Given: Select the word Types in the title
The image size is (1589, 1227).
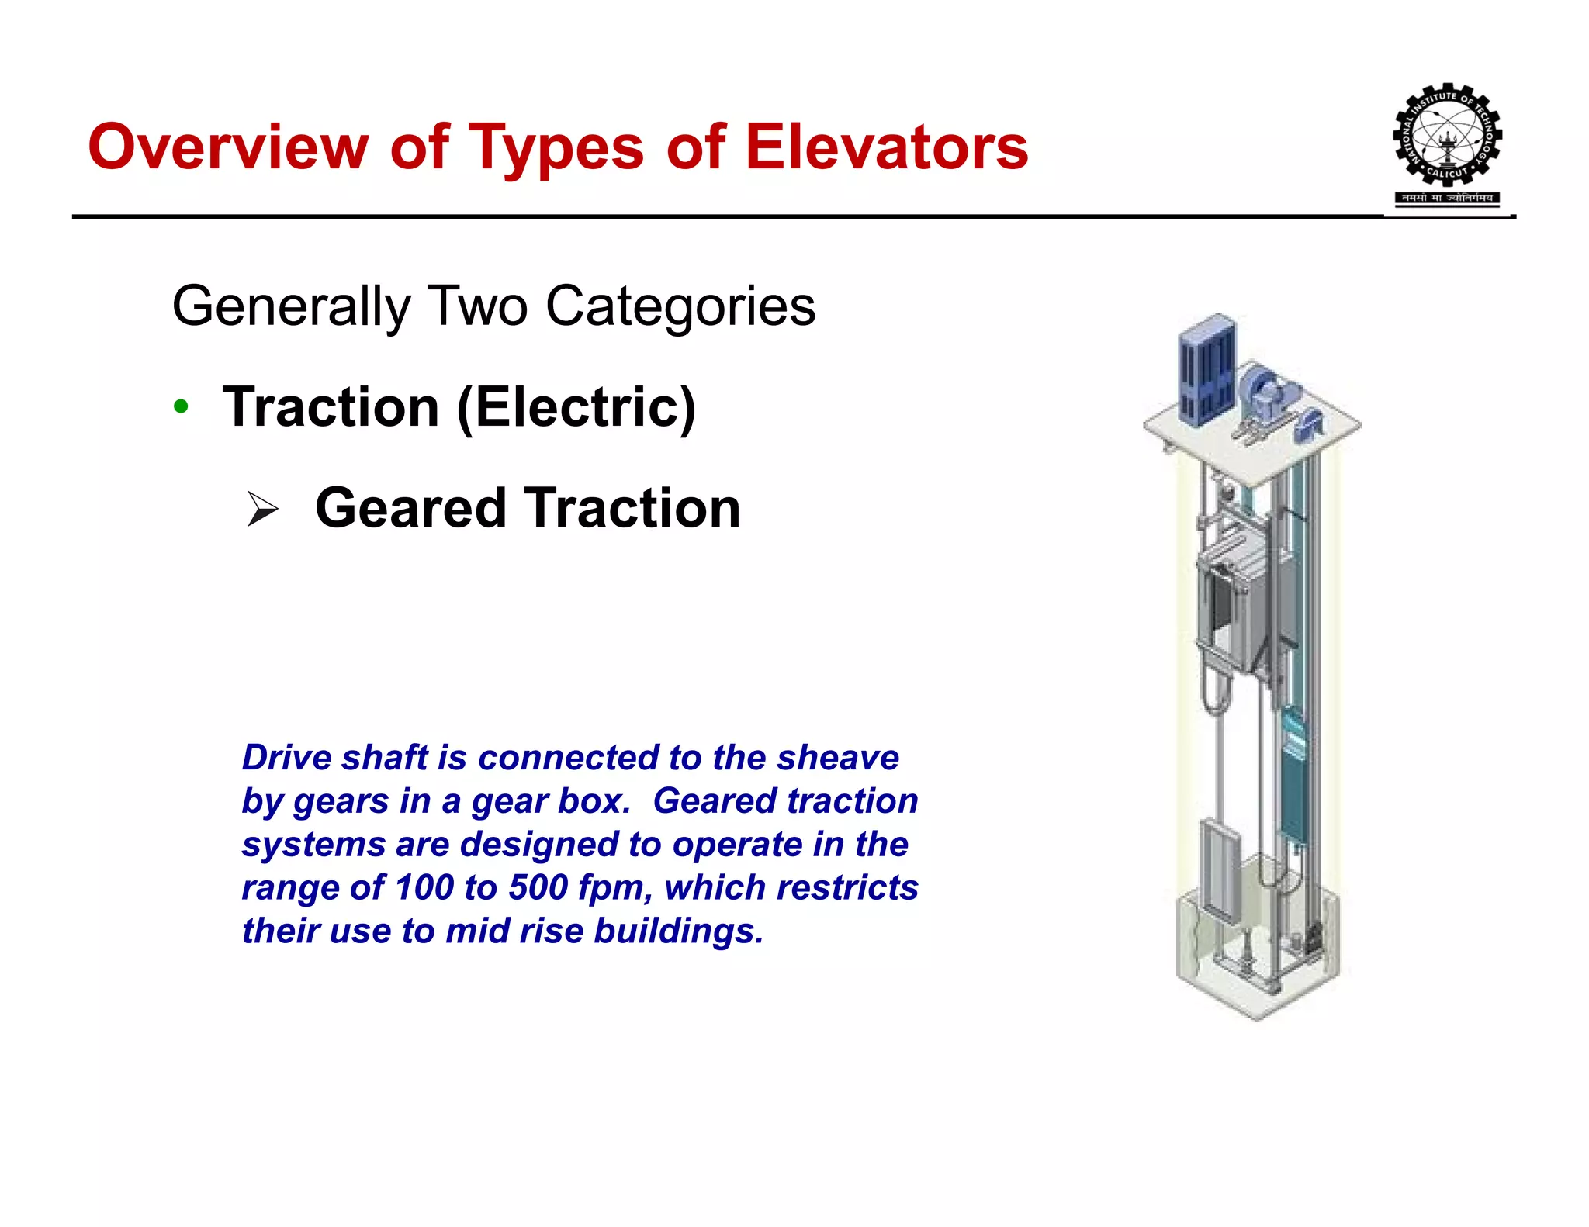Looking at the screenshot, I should click(557, 148).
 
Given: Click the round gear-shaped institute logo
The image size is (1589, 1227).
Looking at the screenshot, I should click(1447, 136).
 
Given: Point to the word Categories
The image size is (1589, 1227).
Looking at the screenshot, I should click(680, 306).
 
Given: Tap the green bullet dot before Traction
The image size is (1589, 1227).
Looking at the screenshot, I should click(181, 406).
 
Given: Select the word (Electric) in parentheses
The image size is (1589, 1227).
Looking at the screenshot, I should click(576, 408).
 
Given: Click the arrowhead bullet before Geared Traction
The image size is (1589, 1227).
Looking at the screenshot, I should click(262, 509).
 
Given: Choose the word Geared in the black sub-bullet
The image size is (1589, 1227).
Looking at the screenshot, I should click(410, 509).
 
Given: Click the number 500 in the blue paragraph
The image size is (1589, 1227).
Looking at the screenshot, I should click(538, 887).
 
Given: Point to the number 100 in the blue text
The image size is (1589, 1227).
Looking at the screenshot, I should click(424, 887).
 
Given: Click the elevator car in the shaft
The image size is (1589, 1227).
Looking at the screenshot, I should click(1233, 601).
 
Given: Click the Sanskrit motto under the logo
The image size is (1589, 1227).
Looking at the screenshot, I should click(1447, 198).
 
